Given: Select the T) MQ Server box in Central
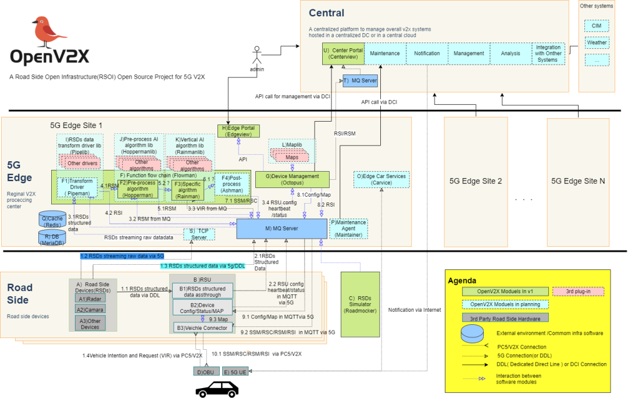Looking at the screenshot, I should [x=361, y=81].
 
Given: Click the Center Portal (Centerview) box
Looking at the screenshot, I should [x=343, y=54].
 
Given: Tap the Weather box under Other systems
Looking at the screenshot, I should [x=597, y=42].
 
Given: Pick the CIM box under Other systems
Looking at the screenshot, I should [x=597, y=26].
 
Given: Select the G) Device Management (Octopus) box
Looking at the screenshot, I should [x=292, y=180].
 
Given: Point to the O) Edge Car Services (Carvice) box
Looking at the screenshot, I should [x=381, y=179].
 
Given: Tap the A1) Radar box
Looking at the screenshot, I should [x=90, y=298].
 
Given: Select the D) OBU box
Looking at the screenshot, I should [x=206, y=371].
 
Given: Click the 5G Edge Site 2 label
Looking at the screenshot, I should [x=476, y=181].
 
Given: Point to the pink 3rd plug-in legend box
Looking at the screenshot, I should [x=577, y=291].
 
